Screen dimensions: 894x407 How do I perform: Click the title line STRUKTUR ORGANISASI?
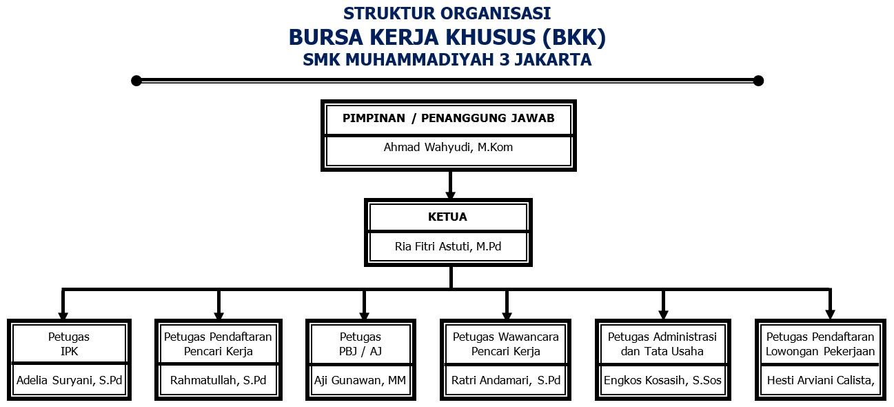[447, 13]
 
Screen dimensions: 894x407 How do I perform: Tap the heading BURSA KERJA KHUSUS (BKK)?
[447, 37]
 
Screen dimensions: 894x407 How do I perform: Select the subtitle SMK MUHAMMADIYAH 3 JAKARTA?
[447, 60]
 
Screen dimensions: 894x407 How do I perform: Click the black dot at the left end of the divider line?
[136, 81]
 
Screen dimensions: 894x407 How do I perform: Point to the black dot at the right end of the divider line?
[758, 81]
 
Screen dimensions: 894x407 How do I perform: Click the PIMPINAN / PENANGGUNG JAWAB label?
[449, 118]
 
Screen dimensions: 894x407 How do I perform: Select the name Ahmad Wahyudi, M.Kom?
[448, 148]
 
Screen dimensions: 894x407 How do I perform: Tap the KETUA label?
[447, 217]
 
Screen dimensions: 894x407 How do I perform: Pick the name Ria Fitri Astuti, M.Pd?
[448, 246]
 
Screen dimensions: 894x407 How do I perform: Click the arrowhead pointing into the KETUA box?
[450, 195]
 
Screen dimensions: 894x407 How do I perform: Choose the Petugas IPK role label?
[69, 344]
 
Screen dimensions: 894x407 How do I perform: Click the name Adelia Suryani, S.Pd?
[69, 380]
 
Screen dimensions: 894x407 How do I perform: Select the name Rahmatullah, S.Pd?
[218, 380]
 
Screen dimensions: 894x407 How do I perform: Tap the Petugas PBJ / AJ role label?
[360, 344]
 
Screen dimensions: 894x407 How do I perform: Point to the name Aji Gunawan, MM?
[360, 380]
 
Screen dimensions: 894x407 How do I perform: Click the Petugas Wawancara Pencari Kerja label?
[506, 344]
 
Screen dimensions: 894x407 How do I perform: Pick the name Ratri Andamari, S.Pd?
[506, 380]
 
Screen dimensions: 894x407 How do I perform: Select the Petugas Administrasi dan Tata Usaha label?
[662, 344]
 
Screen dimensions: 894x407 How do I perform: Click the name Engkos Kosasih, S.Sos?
[662, 380]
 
